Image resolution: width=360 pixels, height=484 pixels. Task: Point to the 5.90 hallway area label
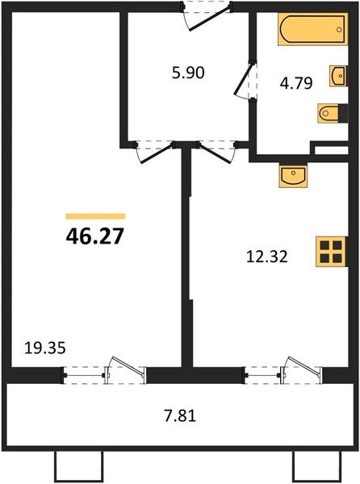tap(188, 72)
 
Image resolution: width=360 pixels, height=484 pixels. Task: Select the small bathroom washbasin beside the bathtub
tap(337, 76)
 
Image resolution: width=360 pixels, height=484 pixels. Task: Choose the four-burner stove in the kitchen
tap(331, 252)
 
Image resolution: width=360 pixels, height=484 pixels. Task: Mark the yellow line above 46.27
tap(95, 216)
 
